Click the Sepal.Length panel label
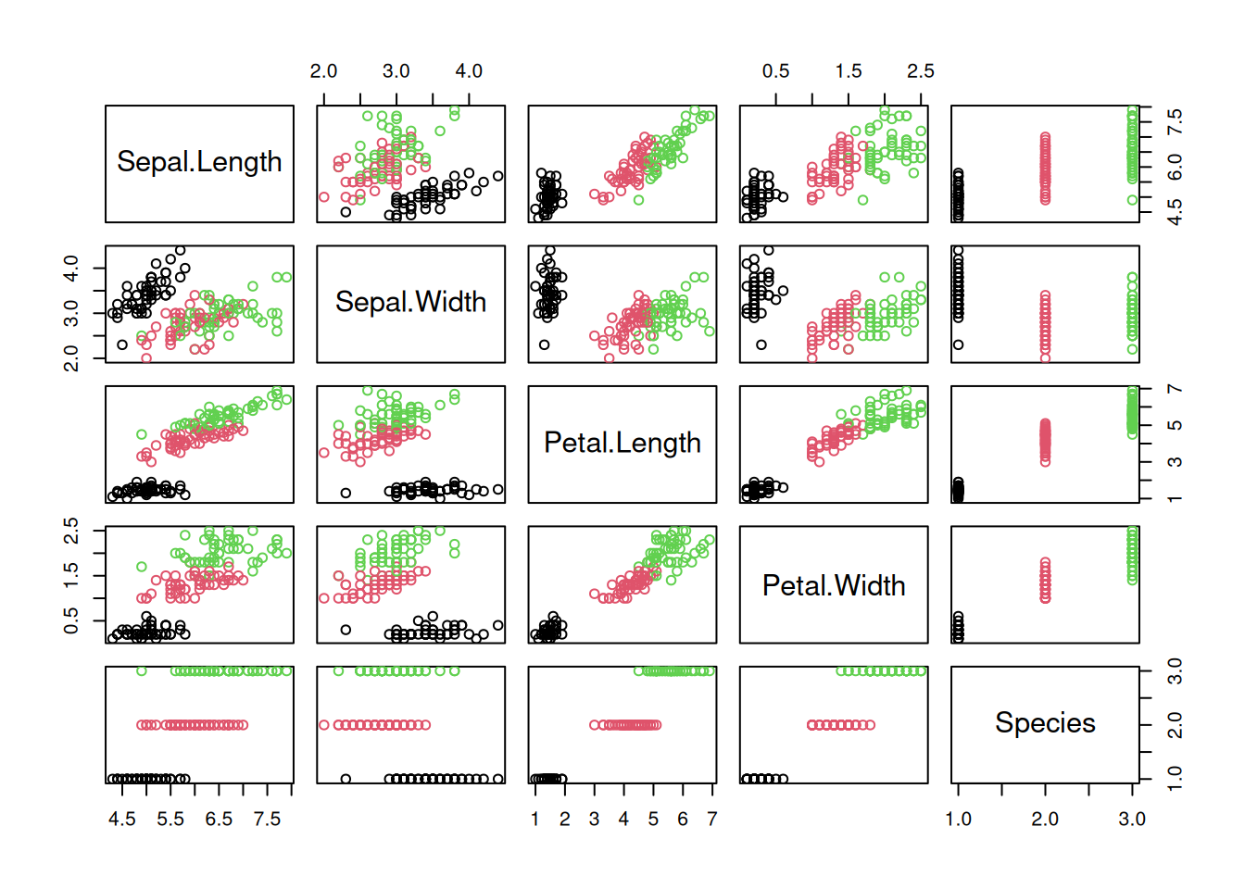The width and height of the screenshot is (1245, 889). coord(199,162)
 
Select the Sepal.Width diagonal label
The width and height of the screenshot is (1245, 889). coord(410,302)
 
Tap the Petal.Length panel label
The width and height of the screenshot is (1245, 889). coord(622,443)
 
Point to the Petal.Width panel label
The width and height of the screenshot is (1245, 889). coord(834,585)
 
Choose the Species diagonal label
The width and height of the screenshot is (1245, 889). coord(1045,723)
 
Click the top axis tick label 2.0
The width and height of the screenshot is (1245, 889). coord(323,71)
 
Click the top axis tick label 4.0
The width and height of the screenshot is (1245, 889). coord(469,71)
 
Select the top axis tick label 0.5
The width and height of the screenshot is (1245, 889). coord(776,71)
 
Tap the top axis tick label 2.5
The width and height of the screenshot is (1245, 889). coord(921,71)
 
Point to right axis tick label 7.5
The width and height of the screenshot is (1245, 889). coord(1175,121)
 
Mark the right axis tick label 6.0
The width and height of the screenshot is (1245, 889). coord(1175,167)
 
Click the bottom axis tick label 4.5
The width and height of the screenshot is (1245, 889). coord(122,819)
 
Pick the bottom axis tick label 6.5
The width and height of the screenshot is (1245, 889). coord(219,819)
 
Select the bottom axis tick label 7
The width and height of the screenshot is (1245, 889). coord(711,819)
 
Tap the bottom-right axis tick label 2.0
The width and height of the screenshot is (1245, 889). coord(1045,819)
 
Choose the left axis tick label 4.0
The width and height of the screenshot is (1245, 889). coord(71,269)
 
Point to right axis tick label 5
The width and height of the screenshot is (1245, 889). coord(1175,426)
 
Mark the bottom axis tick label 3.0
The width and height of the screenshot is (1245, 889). coord(1132,819)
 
